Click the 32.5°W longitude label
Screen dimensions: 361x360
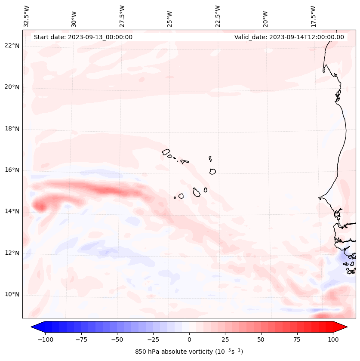27,16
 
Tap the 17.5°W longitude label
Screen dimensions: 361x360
313,16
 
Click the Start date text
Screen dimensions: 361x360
83,37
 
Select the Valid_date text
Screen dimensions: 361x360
289,37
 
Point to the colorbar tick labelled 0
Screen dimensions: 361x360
189,339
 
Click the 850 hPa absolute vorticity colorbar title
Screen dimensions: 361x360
189,352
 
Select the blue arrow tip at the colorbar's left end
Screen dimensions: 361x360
35,327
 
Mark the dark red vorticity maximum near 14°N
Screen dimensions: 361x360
40,207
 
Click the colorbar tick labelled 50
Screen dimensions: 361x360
261,339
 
